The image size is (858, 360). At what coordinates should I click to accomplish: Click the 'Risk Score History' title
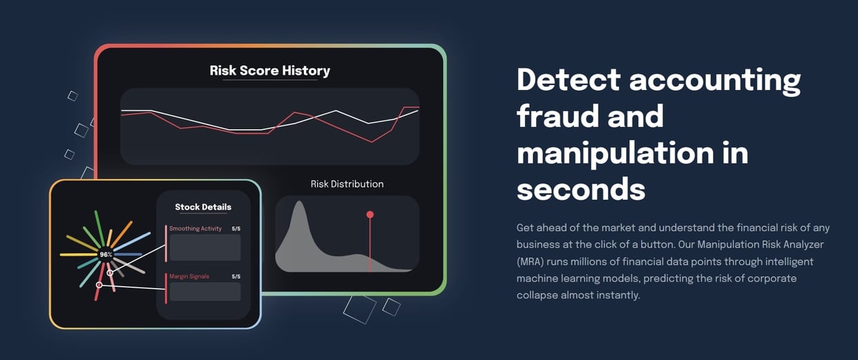coord(269,70)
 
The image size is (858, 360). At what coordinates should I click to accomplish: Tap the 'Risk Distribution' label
coord(347,184)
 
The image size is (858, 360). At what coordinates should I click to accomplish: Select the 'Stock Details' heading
coord(203,207)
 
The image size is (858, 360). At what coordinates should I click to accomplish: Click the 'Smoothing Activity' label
coord(196,229)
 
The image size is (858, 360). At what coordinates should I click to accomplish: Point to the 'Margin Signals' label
coord(189,276)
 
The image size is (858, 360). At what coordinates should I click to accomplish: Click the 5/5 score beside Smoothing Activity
coord(236,229)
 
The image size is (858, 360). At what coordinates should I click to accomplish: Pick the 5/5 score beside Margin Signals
coord(236,276)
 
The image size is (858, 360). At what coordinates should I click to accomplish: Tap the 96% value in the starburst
coord(106,254)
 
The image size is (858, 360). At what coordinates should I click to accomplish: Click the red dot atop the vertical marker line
coord(370,214)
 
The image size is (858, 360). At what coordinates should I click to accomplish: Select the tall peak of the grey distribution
coord(299,205)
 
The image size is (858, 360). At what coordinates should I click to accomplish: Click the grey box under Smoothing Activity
coord(205,247)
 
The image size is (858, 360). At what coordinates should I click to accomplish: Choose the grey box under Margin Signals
coord(205,292)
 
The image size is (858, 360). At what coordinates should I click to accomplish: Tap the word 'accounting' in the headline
coord(714,79)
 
